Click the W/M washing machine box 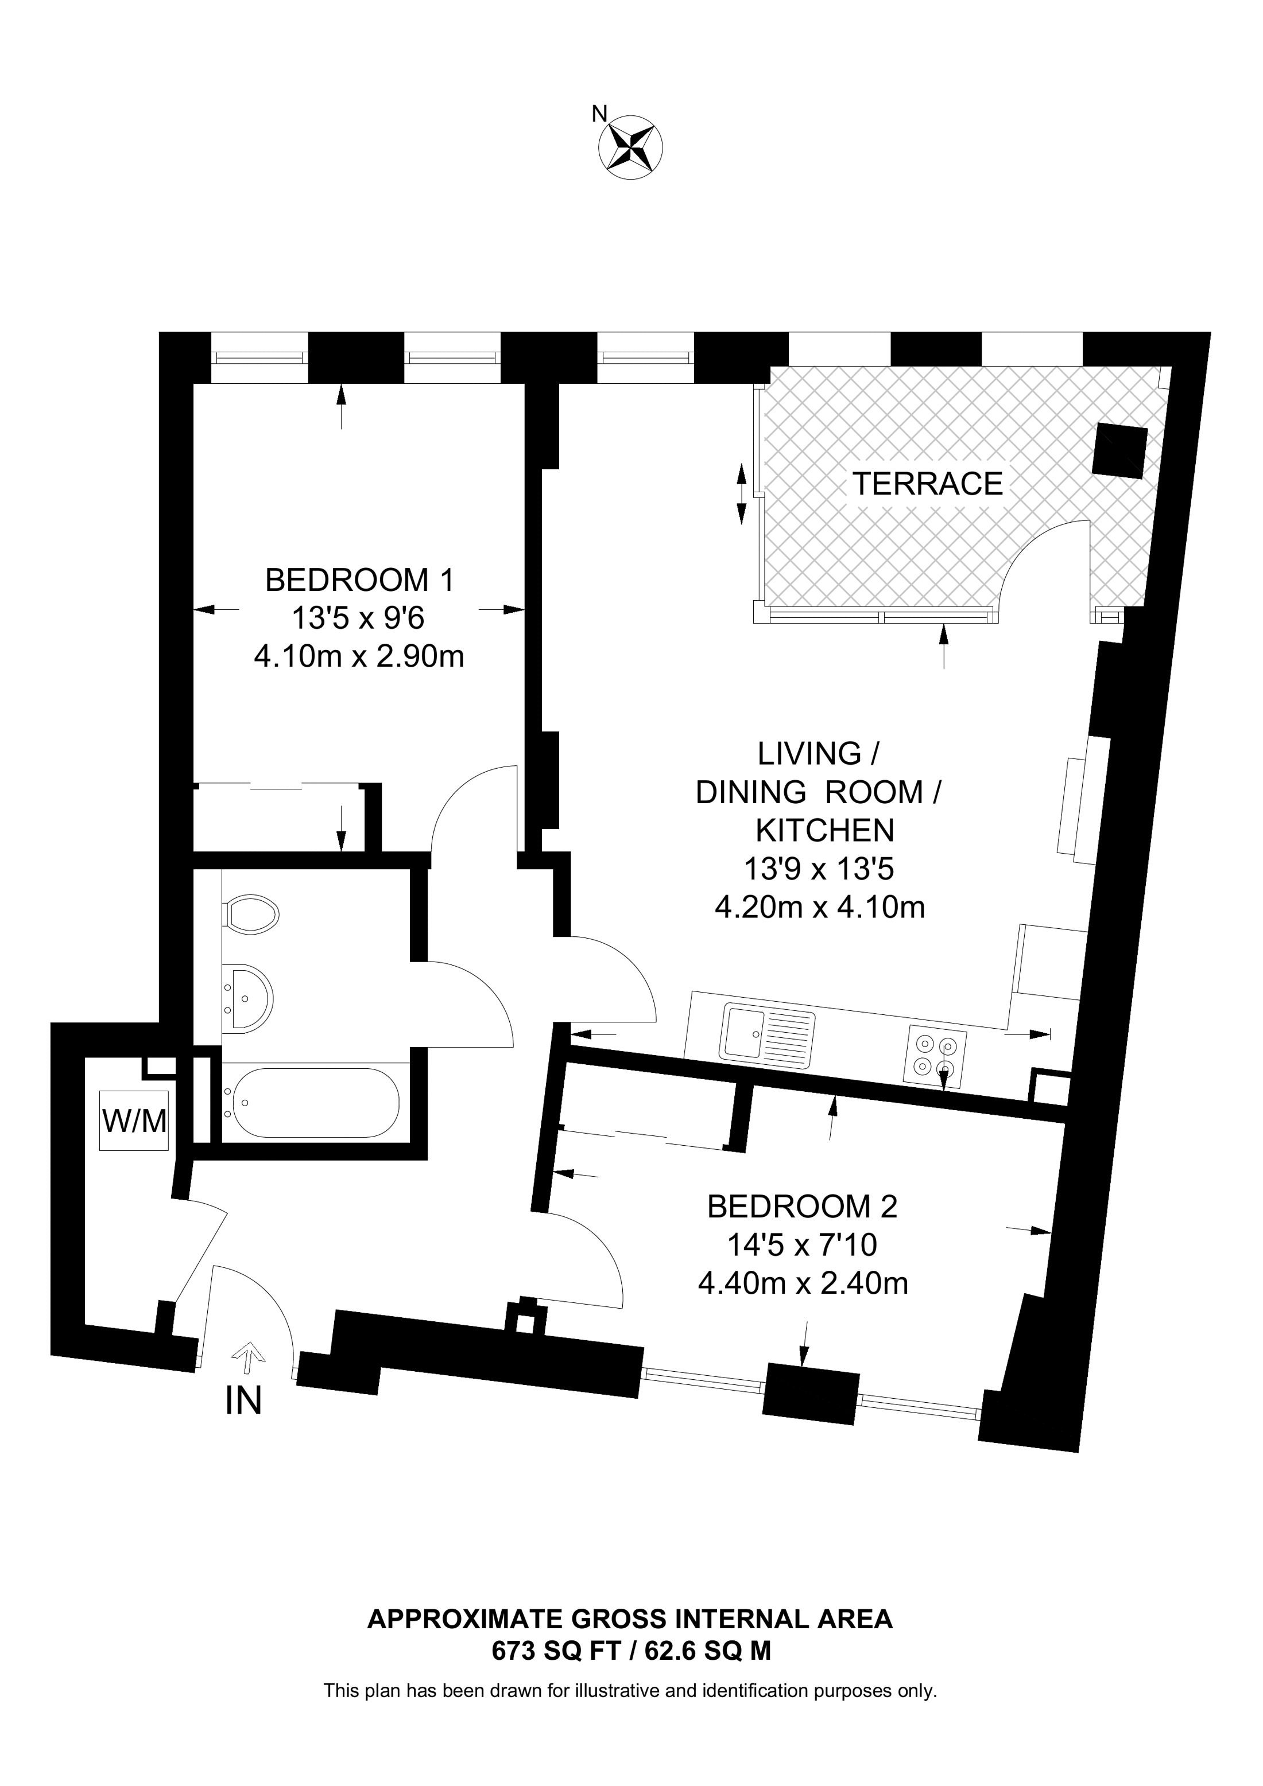[x=134, y=1121]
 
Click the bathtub [x=311, y=1103]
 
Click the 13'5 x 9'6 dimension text [x=359, y=619]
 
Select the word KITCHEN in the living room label [x=825, y=831]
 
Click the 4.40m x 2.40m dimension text [x=803, y=1283]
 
